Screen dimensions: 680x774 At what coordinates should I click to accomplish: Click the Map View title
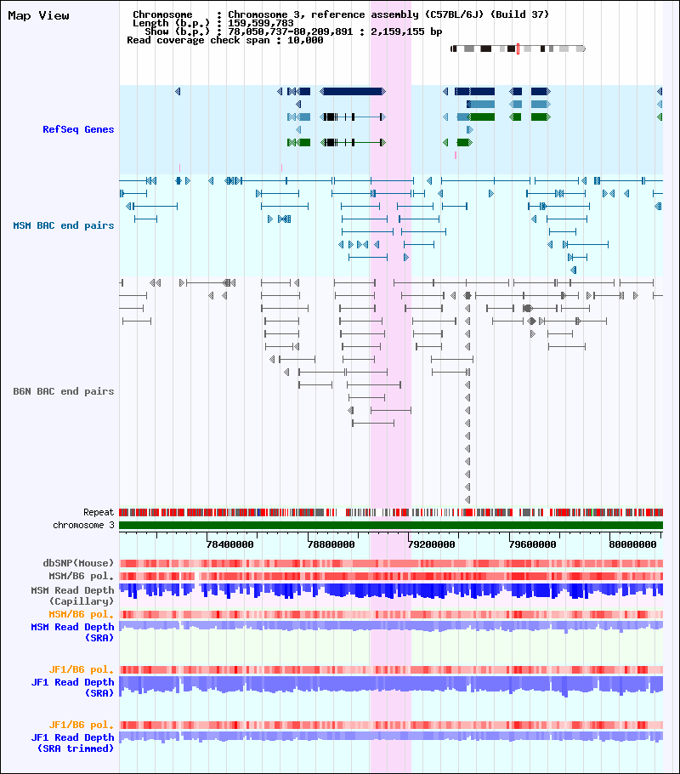[38, 16]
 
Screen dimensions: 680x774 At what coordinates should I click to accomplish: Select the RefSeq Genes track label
[78, 129]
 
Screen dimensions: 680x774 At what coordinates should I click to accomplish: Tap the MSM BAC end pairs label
[63, 225]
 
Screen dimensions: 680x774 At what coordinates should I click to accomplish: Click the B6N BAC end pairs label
[63, 391]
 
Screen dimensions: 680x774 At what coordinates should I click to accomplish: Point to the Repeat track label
[99, 512]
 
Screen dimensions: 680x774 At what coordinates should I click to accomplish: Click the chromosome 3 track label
[83, 526]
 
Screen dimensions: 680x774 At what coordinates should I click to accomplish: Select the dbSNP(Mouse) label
[78, 563]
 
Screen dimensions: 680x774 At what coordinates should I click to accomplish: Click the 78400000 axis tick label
[230, 544]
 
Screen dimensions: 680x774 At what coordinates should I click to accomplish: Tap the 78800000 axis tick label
[331, 544]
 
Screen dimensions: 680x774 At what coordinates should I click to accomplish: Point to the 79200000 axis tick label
[431, 544]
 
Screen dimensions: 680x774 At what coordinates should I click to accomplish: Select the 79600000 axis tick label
[532, 544]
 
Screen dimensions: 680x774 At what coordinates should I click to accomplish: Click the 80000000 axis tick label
[632, 544]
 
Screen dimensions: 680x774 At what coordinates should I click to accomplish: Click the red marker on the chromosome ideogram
[518, 48]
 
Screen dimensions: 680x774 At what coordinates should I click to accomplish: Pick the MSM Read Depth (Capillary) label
[72, 595]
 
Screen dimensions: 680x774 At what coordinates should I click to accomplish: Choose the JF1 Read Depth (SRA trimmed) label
[72, 743]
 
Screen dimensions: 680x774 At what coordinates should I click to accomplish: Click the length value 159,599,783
[261, 23]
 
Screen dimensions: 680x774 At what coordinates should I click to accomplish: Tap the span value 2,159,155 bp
[406, 31]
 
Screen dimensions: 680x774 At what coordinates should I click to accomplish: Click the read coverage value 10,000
[305, 40]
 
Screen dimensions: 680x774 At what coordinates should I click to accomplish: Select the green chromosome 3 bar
[391, 526]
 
